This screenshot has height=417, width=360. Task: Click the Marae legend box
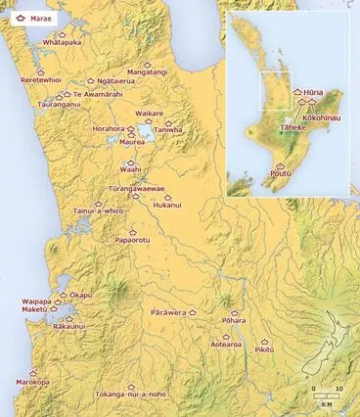tap(30, 18)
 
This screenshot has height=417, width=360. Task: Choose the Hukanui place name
tap(168, 206)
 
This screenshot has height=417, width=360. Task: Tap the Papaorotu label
tap(132, 239)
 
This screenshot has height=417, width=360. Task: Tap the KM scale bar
tap(327, 395)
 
